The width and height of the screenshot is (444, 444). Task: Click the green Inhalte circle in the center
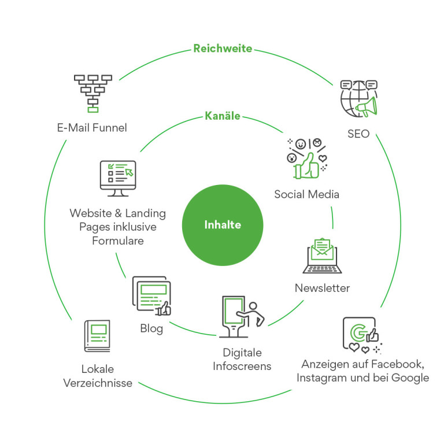click(x=223, y=225)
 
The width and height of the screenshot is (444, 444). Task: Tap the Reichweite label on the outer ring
click(x=223, y=49)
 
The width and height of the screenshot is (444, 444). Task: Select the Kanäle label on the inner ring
click(x=223, y=116)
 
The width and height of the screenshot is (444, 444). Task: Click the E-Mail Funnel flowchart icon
click(x=92, y=92)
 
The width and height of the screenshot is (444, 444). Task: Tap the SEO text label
click(x=358, y=134)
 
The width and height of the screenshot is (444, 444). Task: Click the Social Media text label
click(x=306, y=194)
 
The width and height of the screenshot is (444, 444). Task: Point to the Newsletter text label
click(x=322, y=288)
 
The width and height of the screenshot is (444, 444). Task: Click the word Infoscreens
click(x=242, y=367)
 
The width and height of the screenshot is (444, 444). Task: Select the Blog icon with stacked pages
click(x=151, y=295)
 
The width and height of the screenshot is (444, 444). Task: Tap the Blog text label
click(x=151, y=329)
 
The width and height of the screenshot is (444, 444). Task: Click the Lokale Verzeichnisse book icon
click(x=97, y=336)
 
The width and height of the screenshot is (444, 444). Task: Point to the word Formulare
click(x=118, y=240)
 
